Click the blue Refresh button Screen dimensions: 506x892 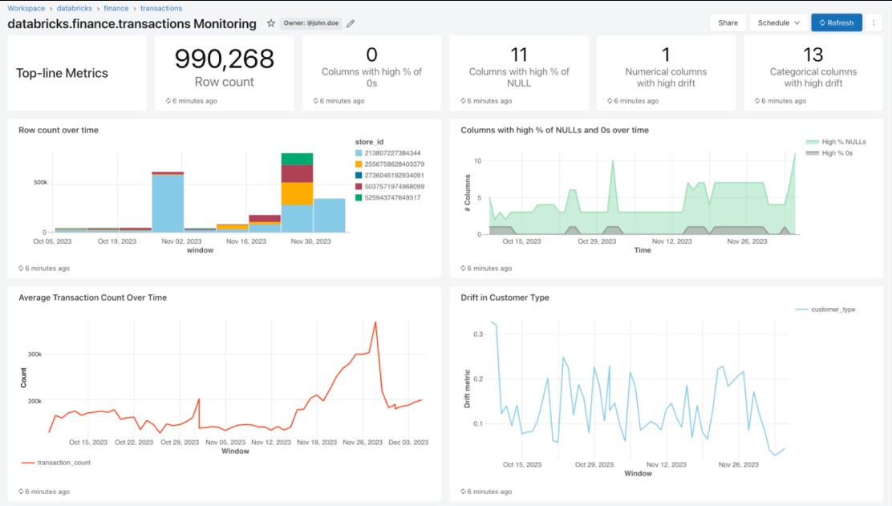point(836,22)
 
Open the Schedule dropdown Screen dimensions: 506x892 point(778,22)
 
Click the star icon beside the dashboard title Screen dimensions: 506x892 point(271,23)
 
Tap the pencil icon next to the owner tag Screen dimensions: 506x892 point(351,23)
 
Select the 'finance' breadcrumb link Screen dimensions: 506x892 point(116,8)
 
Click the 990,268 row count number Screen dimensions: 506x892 point(225,59)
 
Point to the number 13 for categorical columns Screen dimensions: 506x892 point(813,55)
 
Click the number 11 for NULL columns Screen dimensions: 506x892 point(519,55)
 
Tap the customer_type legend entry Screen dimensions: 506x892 point(833,309)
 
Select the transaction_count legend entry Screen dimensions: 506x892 point(63,463)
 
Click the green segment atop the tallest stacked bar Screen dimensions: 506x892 point(297,159)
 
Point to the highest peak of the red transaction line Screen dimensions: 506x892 point(375,322)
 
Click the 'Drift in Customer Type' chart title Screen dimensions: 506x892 point(505,298)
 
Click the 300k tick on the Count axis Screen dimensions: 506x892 point(34,354)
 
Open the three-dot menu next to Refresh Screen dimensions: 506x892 point(874,22)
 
